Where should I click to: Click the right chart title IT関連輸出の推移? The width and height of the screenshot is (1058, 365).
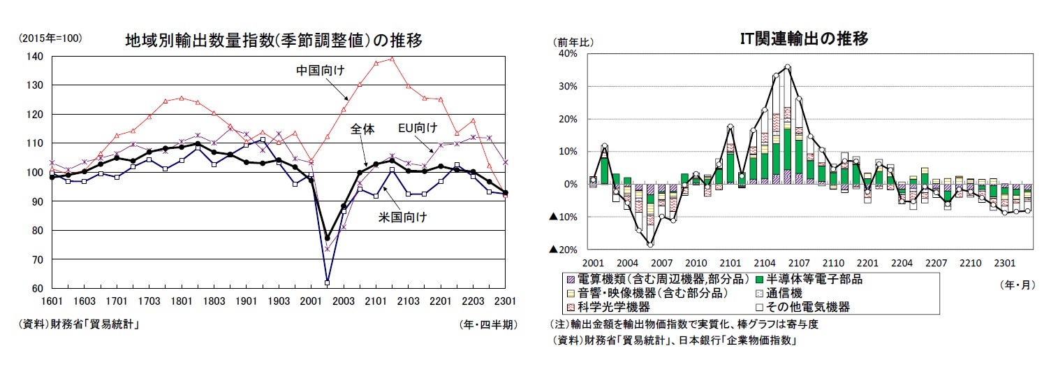click(804, 39)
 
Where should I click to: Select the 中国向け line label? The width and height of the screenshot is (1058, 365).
click(321, 70)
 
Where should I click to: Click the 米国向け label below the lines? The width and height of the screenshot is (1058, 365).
click(404, 217)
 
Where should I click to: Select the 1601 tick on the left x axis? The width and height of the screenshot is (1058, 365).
click(52, 301)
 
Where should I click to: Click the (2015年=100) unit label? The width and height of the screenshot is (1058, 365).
click(50, 38)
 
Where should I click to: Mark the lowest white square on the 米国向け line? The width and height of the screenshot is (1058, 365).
click(327, 282)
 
